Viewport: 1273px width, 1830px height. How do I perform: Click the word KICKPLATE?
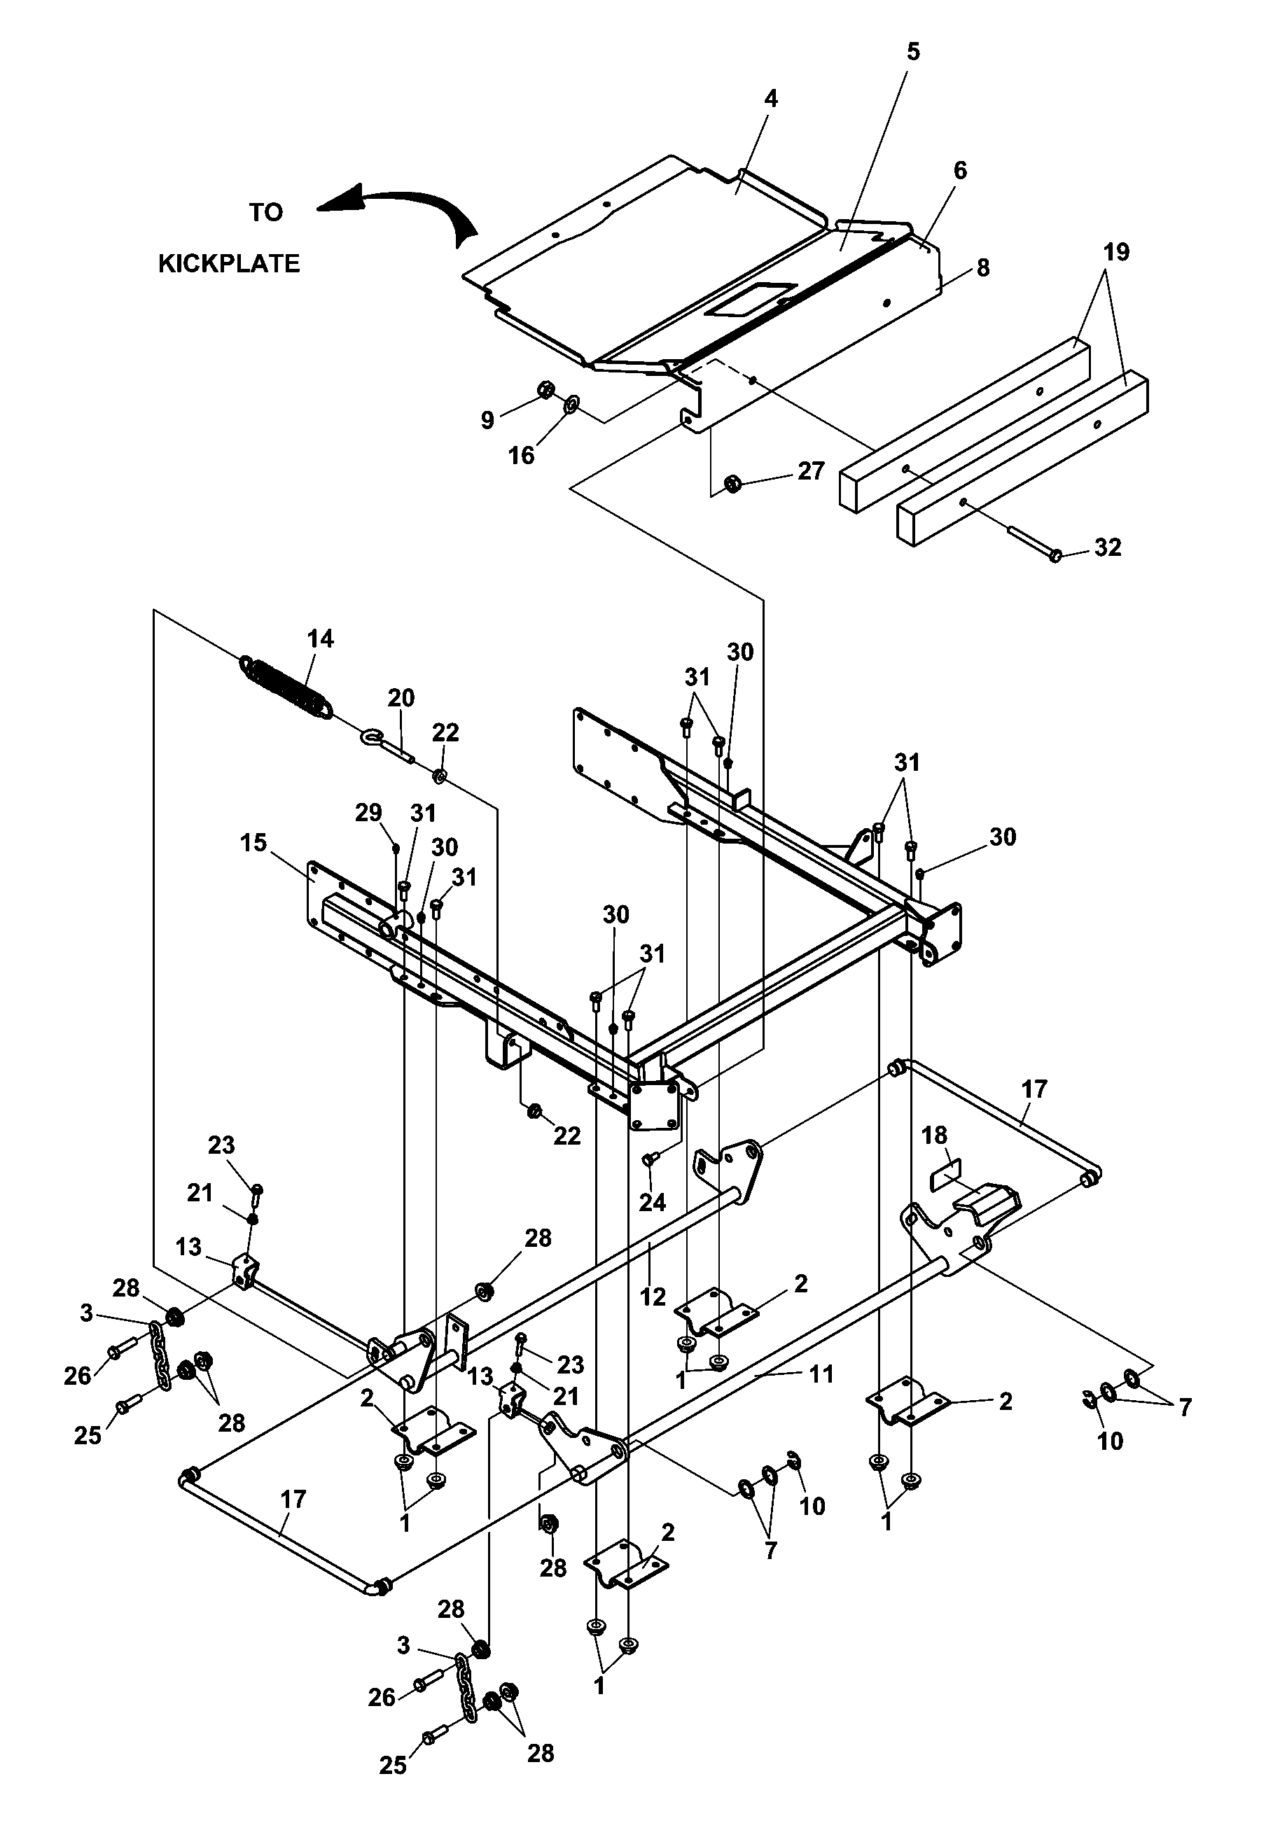click(229, 264)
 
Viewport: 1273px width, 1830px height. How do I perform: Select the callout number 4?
click(770, 99)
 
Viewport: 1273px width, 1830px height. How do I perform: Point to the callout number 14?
click(321, 638)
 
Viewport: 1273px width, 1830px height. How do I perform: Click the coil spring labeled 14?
click(286, 685)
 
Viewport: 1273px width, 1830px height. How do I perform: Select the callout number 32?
click(1108, 547)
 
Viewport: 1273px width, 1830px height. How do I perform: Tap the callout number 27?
click(811, 471)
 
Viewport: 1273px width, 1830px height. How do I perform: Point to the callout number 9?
click(487, 420)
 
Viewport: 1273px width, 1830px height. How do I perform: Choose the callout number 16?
click(522, 456)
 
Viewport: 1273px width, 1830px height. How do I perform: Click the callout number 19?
click(1116, 253)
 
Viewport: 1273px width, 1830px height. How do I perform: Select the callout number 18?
click(934, 1135)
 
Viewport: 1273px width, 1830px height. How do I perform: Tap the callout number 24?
click(652, 1203)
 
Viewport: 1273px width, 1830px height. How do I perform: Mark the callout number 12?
click(652, 1297)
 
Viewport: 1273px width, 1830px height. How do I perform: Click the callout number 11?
click(821, 1374)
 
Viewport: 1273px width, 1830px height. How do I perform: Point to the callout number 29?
click(368, 813)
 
